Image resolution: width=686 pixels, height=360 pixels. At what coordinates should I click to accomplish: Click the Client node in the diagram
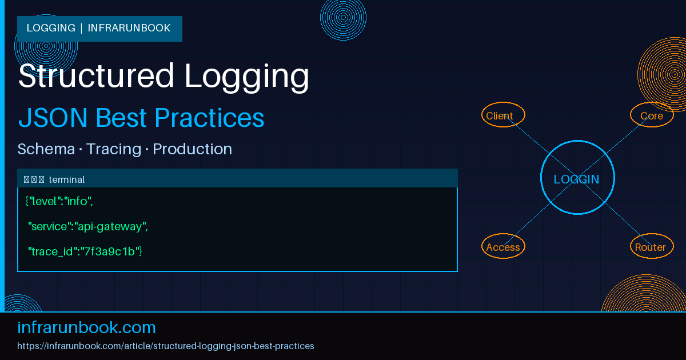pos(503,115)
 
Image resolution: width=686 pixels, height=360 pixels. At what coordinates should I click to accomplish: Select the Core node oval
pos(652,115)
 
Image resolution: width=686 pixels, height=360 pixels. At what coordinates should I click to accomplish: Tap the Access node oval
pos(503,246)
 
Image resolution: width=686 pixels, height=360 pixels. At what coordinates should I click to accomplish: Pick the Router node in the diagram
pos(651,246)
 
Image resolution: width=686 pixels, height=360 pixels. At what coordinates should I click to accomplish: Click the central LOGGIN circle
pos(577,178)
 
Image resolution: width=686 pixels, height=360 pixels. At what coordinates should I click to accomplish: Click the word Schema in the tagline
pos(46,149)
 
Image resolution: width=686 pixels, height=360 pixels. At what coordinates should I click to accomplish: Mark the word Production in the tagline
pos(192,149)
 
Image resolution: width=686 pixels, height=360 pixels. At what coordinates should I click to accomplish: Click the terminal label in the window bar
pos(67,180)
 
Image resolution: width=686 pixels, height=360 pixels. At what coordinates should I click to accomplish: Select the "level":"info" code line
pos(59,201)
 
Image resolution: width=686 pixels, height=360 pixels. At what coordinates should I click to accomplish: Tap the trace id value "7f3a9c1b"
pos(110,251)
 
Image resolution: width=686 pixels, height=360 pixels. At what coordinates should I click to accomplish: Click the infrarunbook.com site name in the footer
pos(87,327)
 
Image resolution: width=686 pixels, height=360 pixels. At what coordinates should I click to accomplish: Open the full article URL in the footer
pos(166,346)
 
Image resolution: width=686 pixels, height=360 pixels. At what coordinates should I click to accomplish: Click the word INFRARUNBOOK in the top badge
pos(129,28)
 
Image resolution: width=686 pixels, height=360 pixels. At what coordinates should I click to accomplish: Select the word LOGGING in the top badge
pos(51,28)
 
